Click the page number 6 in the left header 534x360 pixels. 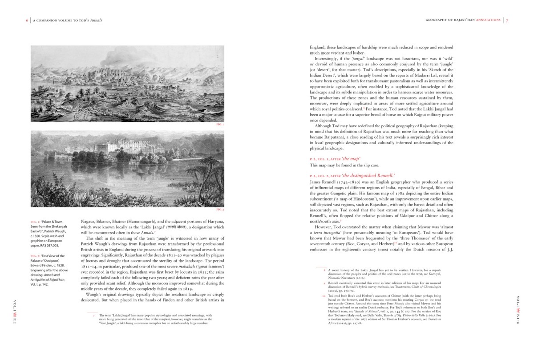27,20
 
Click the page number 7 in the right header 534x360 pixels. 507,20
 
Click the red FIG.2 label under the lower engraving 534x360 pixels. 219,209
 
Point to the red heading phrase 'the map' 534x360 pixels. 352,158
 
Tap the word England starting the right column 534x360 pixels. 319,47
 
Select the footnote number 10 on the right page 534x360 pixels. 324,295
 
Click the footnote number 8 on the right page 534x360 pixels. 324,270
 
